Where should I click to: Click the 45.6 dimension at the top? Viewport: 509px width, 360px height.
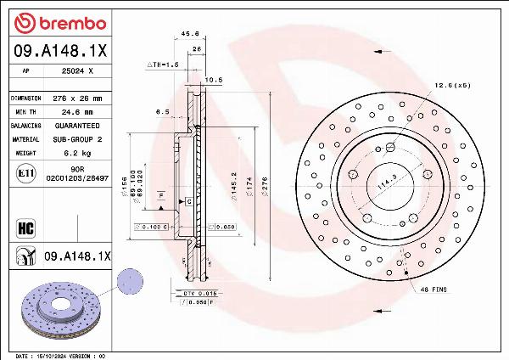pos(191,34)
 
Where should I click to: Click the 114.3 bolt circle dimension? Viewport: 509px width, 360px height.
pos(389,180)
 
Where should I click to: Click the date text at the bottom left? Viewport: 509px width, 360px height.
pos(59,356)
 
